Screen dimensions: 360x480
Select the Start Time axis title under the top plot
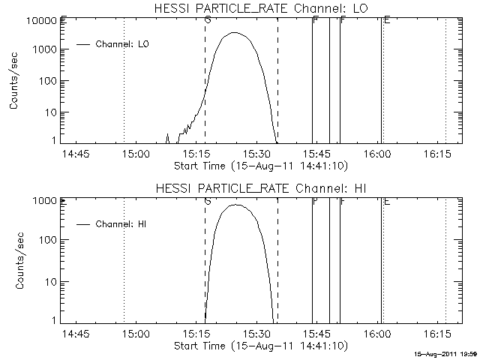coord(259,165)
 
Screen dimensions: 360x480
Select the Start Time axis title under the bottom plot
coord(259,346)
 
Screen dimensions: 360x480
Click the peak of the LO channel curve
coord(235,33)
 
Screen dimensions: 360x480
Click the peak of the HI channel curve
coord(235,205)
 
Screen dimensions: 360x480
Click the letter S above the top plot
coord(207,20)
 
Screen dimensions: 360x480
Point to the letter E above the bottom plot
coord(386,201)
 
